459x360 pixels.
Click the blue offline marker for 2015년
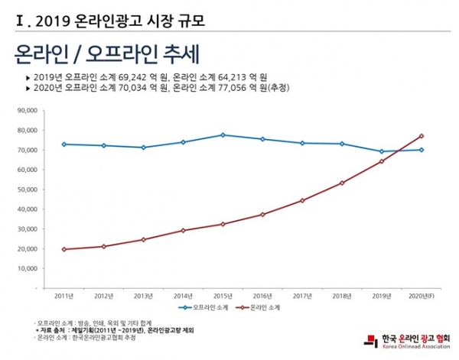tap(222, 135)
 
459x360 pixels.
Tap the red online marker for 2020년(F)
tap(421, 136)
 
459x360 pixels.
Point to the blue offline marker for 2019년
tap(381, 151)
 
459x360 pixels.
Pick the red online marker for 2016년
tap(262, 215)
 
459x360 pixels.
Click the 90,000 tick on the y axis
tap(27, 110)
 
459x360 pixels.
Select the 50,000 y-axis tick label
tap(27, 190)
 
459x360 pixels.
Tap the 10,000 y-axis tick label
tap(27, 269)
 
